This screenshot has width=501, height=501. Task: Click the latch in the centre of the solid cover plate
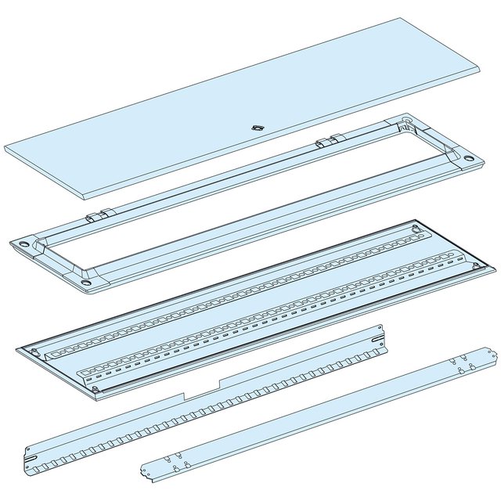pyautogui.click(x=255, y=127)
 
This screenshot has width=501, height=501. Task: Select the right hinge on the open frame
pyautogui.click(x=328, y=142)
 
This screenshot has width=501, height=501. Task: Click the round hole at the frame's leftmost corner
pyautogui.click(x=23, y=244)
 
